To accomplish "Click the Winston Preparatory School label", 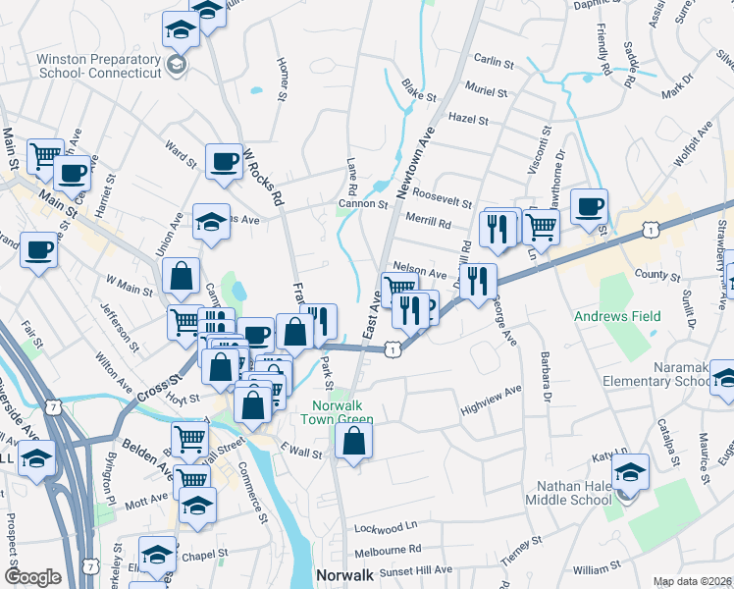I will [x=98, y=66].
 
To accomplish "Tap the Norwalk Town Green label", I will [x=342, y=413].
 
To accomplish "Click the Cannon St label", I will [x=364, y=204].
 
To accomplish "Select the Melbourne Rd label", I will [x=388, y=549].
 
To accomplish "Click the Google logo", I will [x=32, y=577].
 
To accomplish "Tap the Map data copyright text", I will [x=693, y=581].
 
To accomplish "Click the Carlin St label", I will [x=494, y=62].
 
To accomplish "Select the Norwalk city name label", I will [x=344, y=574].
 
